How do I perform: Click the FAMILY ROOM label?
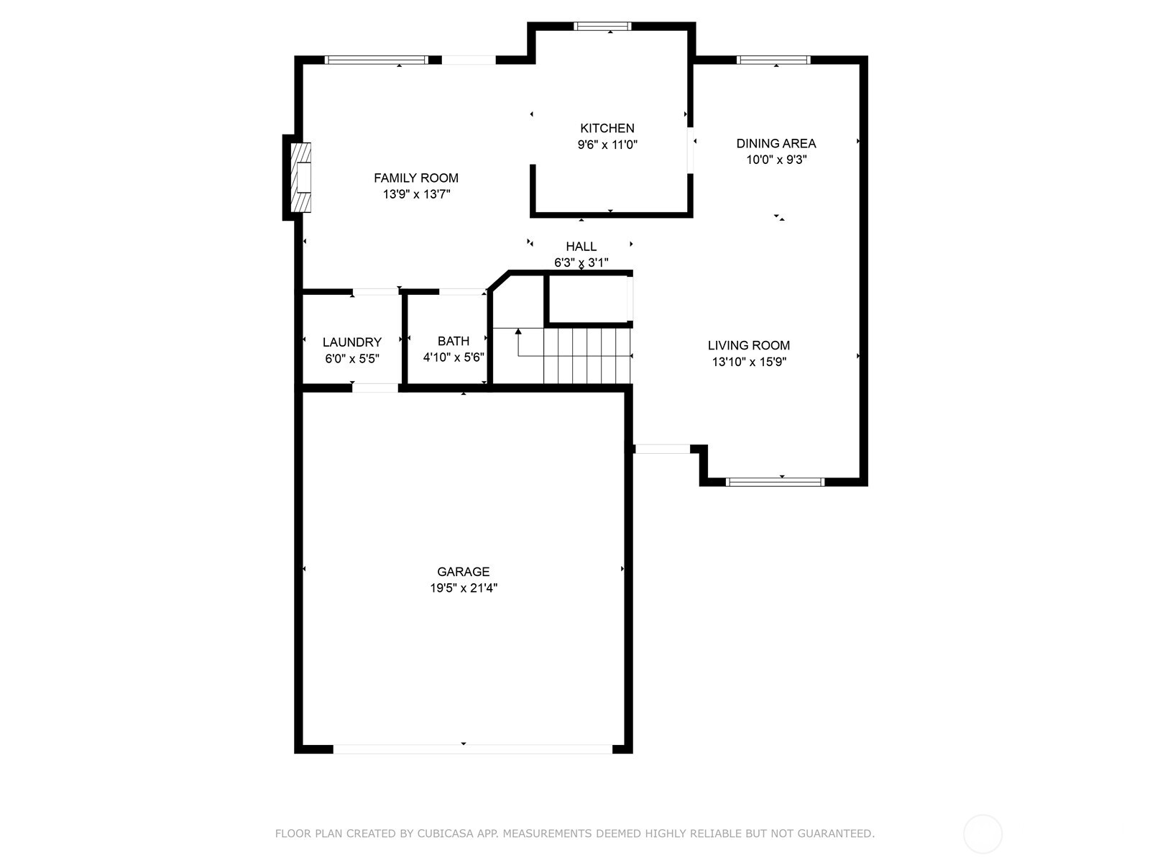415,178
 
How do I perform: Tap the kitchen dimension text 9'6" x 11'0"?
607,145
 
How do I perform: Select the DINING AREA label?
776,143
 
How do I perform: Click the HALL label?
581,247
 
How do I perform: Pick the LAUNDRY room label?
351,342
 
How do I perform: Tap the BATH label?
453,341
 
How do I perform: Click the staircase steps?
586,356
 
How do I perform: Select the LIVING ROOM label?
748,345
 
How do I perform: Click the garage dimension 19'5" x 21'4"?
464,588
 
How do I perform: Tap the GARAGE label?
463,572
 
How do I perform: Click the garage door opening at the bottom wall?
472,749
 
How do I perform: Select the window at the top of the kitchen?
602,27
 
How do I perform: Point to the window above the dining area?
773,60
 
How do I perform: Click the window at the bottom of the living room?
775,482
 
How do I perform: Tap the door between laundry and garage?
374,388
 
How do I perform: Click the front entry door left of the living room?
662,449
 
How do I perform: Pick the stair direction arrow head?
518,332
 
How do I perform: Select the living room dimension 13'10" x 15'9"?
749,362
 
